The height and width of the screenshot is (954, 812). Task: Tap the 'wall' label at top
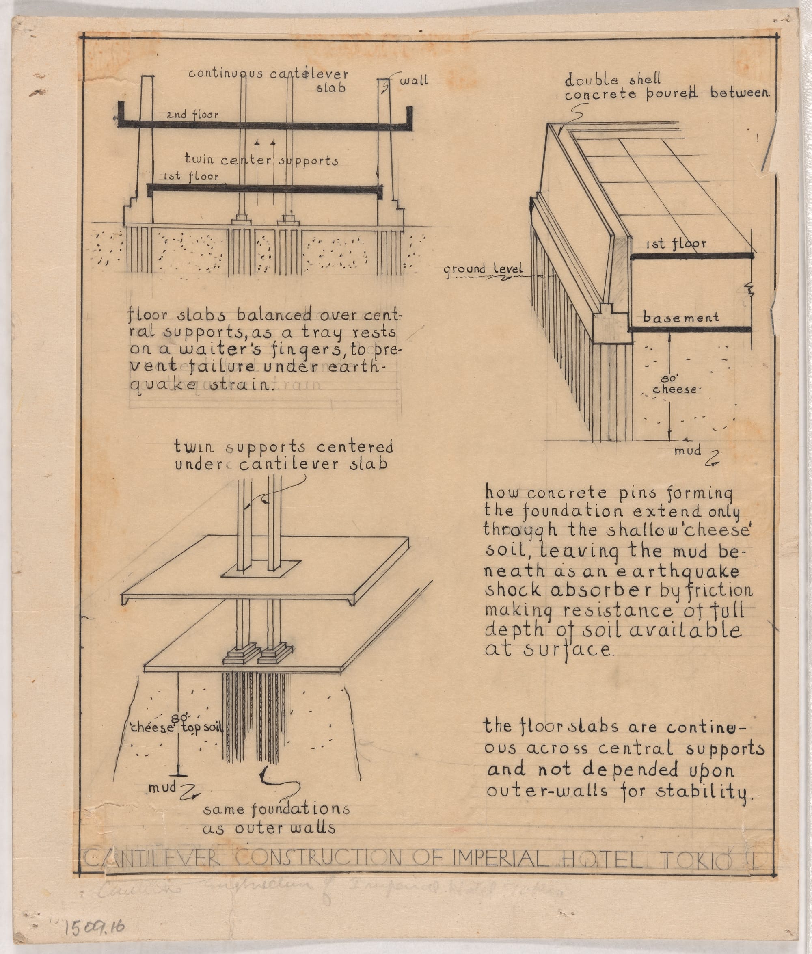click(414, 80)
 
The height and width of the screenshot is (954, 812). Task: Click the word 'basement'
click(681, 317)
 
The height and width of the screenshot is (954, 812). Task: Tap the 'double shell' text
click(613, 80)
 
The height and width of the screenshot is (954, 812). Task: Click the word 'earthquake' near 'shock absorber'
click(678, 571)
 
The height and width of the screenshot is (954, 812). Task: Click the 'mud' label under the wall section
click(688, 450)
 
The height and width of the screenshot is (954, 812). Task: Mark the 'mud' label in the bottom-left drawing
click(162, 788)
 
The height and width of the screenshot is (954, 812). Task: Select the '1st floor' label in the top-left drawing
click(192, 176)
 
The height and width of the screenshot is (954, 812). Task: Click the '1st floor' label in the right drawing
click(676, 244)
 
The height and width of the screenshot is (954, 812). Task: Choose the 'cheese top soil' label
click(177, 728)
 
